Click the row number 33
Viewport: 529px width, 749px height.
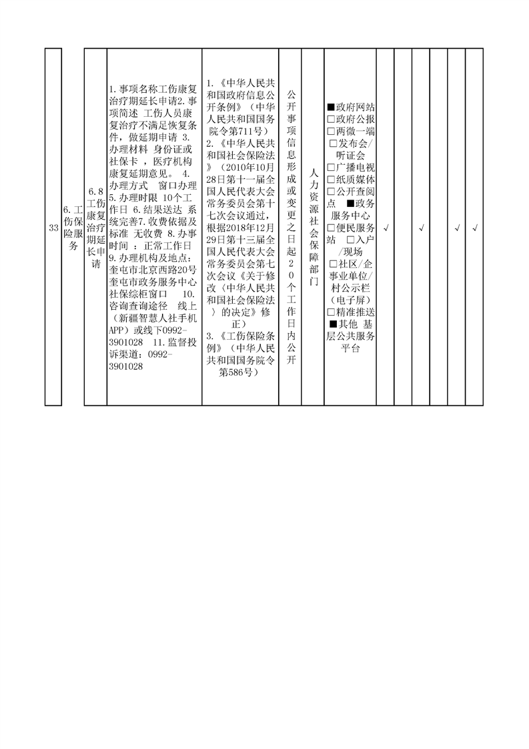(53, 228)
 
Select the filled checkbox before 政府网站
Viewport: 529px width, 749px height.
(331, 107)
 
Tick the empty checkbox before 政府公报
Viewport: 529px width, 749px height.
(331, 119)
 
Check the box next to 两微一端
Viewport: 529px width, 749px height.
(331, 131)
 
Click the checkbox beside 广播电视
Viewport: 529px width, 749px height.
(331, 168)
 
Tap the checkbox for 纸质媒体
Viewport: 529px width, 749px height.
(331, 180)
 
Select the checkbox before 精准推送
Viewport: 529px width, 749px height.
(331, 312)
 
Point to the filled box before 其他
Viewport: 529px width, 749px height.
(334, 324)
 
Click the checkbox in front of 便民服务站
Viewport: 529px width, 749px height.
(331, 228)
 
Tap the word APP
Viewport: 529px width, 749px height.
(116, 330)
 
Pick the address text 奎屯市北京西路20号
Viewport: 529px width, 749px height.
(153, 270)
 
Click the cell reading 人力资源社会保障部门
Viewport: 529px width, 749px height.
(314, 228)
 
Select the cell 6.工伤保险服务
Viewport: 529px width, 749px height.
(73, 228)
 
